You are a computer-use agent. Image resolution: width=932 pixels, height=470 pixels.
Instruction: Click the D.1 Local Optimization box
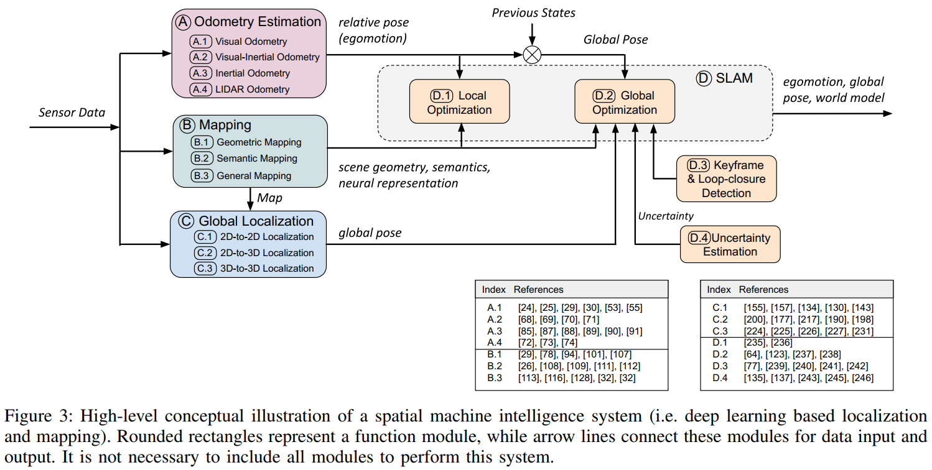coord(459,103)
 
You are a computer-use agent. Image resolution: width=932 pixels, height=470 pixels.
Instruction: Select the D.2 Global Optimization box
coord(624,103)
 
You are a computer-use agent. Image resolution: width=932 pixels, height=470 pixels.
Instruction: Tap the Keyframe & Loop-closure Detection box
coord(726,178)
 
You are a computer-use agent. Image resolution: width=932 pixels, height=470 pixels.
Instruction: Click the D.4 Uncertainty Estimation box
coord(730,244)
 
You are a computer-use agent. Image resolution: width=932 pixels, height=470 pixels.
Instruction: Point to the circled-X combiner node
coord(532,55)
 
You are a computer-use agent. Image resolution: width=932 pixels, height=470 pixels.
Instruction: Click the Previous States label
coord(533,12)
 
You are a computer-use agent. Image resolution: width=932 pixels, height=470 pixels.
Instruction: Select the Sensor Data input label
coord(72,113)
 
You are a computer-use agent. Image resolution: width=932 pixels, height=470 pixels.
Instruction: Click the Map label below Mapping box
coord(270,198)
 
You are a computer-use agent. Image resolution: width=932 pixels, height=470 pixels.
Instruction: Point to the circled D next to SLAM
coord(704,78)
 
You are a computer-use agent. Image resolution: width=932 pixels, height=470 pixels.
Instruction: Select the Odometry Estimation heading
coord(257,22)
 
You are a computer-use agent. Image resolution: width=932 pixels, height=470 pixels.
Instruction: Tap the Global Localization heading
coord(256,221)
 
